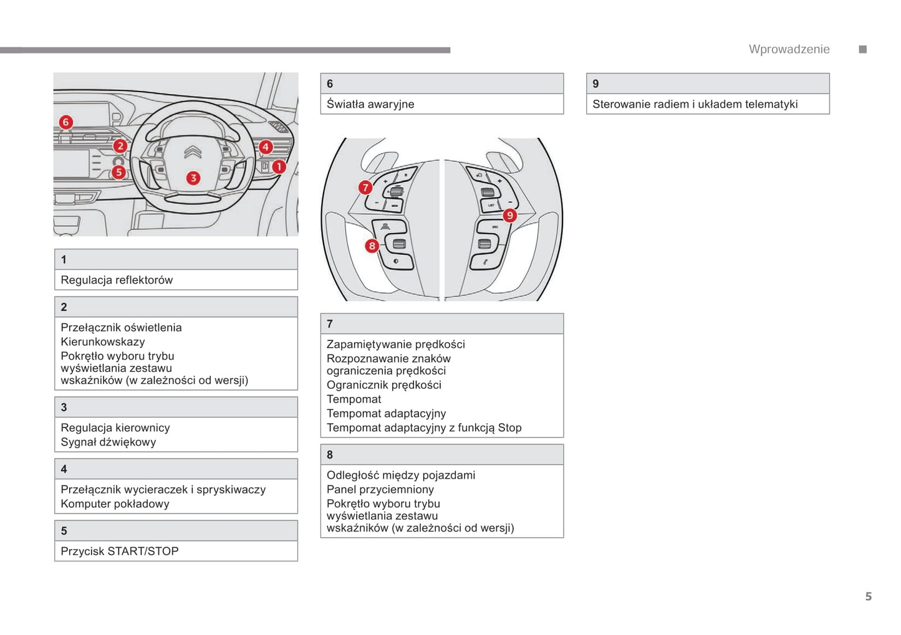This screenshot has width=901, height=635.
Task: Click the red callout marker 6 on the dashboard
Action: coord(65,122)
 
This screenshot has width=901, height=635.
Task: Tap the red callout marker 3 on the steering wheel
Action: coord(193,178)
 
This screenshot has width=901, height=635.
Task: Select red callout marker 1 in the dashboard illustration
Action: coord(279,166)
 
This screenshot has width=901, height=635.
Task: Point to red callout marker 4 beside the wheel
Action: coord(266,147)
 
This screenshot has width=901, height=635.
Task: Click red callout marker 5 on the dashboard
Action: coord(118,172)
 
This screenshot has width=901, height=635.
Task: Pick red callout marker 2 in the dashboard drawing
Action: coord(120,146)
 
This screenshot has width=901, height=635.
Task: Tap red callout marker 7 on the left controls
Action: coord(365,188)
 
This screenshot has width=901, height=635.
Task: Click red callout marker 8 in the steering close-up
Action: coord(372,246)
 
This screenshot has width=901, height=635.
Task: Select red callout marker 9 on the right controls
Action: coord(509,216)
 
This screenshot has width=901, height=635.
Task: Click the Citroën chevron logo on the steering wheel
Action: coord(193,152)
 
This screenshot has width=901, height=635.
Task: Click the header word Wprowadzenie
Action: coord(789,49)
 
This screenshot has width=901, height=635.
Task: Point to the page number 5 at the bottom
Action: coord(868,596)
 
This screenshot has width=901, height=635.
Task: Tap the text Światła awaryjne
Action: coord(370,104)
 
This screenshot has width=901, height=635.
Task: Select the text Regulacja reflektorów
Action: coord(117,280)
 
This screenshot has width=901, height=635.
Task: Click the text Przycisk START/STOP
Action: coord(120,551)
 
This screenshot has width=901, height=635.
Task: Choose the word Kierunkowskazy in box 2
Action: coord(103,341)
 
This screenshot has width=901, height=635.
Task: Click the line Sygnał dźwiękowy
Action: coord(108,442)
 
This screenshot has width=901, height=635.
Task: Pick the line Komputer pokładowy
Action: coord(115,504)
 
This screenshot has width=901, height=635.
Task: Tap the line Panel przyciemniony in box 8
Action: coord(380,489)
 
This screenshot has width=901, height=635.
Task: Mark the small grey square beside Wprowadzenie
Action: coord(863,49)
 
